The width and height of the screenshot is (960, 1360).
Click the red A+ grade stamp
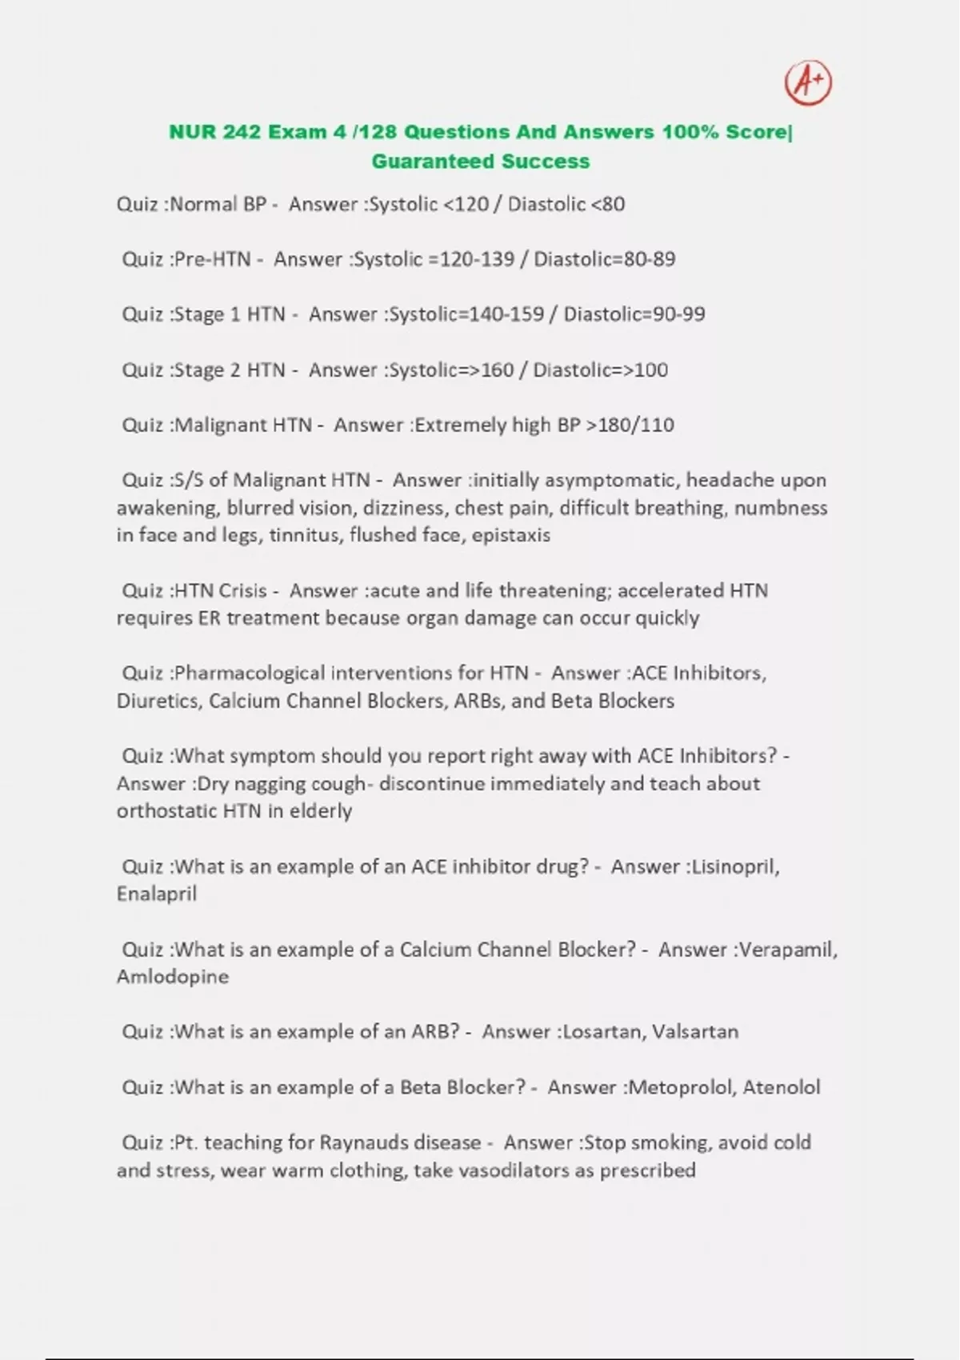808,82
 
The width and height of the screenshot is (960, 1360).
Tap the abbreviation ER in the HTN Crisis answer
209,618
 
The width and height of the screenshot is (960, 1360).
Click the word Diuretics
158,701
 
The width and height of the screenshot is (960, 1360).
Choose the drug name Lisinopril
734,867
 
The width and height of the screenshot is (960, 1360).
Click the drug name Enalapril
157,894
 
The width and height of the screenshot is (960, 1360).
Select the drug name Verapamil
787,950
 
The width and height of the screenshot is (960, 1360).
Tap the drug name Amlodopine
173,977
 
